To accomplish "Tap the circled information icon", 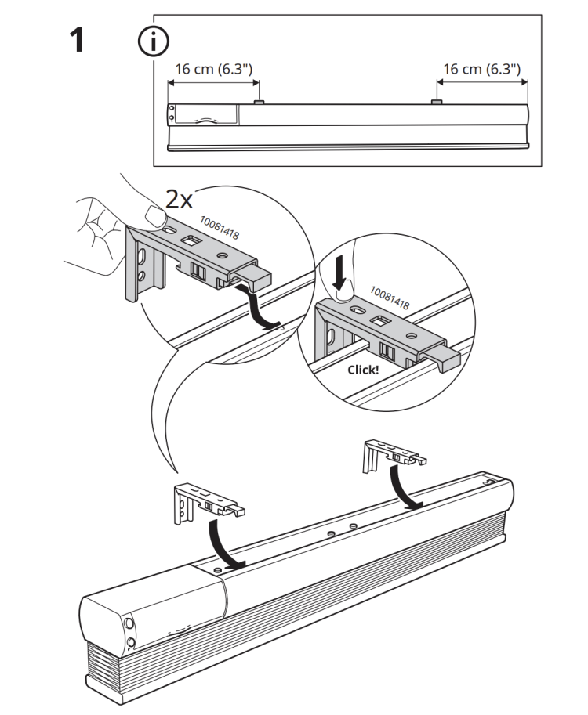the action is coord(153,42).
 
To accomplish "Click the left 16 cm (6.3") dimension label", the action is coord(214,69).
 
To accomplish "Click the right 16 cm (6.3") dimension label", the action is coord(481,69).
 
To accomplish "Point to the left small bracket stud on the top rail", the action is coord(260,102).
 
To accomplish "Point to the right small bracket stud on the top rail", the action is coord(437,102).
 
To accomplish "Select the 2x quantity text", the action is coord(179,199).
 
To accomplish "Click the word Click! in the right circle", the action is coord(363,370).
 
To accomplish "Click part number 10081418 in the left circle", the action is coord(220,227).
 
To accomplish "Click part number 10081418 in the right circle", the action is coord(390,298).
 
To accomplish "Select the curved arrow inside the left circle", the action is coord(261,310).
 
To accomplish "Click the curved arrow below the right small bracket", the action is coord(403,488).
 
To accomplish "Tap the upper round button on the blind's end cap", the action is coord(129,623).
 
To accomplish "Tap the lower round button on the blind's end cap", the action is coord(131,643).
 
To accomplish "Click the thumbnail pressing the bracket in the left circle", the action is coord(155,215).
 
